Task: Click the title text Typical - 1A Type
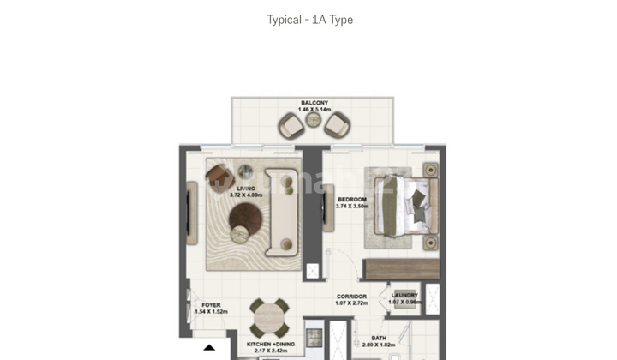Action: [x=309, y=20]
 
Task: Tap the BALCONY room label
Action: [x=314, y=103]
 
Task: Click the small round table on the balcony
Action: [x=314, y=126]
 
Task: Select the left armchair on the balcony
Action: [x=291, y=127]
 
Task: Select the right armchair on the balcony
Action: [x=336, y=127]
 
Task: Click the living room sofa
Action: [x=281, y=213]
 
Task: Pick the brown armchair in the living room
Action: [x=216, y=176]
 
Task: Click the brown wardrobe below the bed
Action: [x=401, y=267]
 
